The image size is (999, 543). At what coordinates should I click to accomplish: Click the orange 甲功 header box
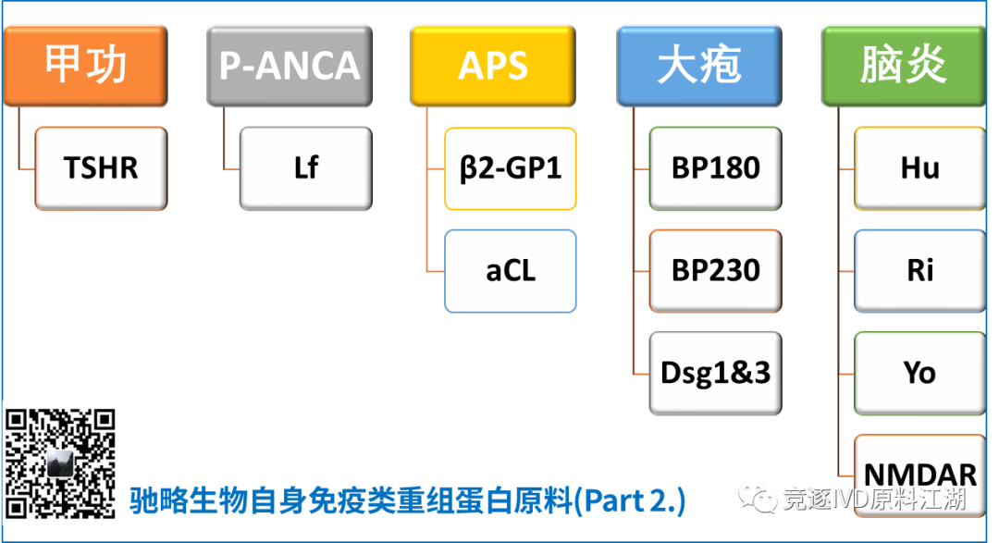[x=86, y=66]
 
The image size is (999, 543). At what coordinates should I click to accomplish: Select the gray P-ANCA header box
[x=290, y=66]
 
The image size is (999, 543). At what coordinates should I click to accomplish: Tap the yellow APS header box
[x=493, y=66]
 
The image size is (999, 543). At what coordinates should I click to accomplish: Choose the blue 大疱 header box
[x=699, y=66]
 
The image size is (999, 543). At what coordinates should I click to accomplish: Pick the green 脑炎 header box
[x=904, y=66]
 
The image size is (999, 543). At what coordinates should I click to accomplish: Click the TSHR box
[x=101, y=168]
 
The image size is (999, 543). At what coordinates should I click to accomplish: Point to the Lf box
[x=305, y=168]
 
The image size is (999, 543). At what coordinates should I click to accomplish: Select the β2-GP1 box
[x=511, y=168]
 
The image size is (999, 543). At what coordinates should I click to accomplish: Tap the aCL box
[x=511, y=271]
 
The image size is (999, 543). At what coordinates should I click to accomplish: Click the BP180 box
[x=715, y=168]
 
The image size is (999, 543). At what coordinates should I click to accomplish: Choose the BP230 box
[x=715, y=271]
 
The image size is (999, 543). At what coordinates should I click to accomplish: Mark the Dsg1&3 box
[x=715, y=373]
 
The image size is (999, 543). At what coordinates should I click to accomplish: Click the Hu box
[x=919, y=168]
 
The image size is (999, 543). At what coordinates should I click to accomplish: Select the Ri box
[x=919, y=271]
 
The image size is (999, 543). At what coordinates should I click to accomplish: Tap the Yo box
[x=919, y=373]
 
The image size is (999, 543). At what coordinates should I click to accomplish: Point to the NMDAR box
[x=919, y=467]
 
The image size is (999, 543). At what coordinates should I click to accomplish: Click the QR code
[x=62, y=463]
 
